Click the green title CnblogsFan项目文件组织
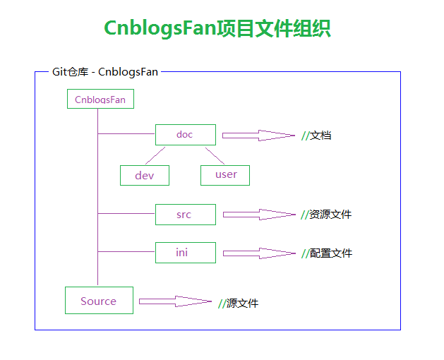(x=217, y=28)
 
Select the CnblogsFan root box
(x=100, y=99)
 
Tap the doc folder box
(x=186, y=135)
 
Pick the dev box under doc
(x=145, y=175)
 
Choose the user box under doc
(x=225, y=175)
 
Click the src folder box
(x=186, y=215)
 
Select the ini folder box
(x=186, y=253)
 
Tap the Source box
(x=99, y=300)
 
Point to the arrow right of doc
(x=258, y=136)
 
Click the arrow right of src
(x=259, y=215)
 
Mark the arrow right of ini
(x=259, y=253)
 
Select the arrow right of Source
(x=175, y=301)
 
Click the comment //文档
(x=316, y=136)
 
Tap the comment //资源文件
(x=326, y=215)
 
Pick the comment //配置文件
(x=327, y=253)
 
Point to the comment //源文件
(x=238, y=304)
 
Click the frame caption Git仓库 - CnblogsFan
(x=105, y=72)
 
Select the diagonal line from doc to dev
(x=155, y=155)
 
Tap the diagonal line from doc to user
(x=215, y=156)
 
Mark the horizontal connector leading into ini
(x=126, y=251)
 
